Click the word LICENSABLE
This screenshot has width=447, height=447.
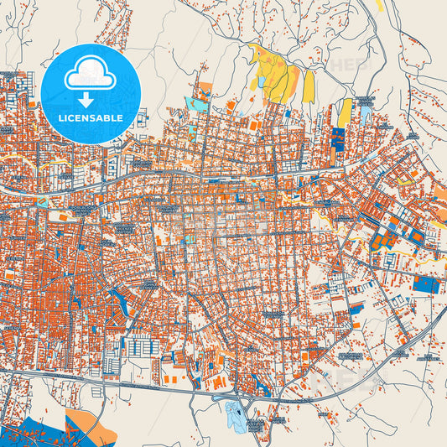91,118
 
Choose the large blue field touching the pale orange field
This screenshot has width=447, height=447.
34,428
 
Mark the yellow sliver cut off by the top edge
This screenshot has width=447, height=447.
379,4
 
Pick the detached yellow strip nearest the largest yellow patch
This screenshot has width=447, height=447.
309,86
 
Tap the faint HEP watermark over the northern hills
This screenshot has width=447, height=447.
348,65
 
